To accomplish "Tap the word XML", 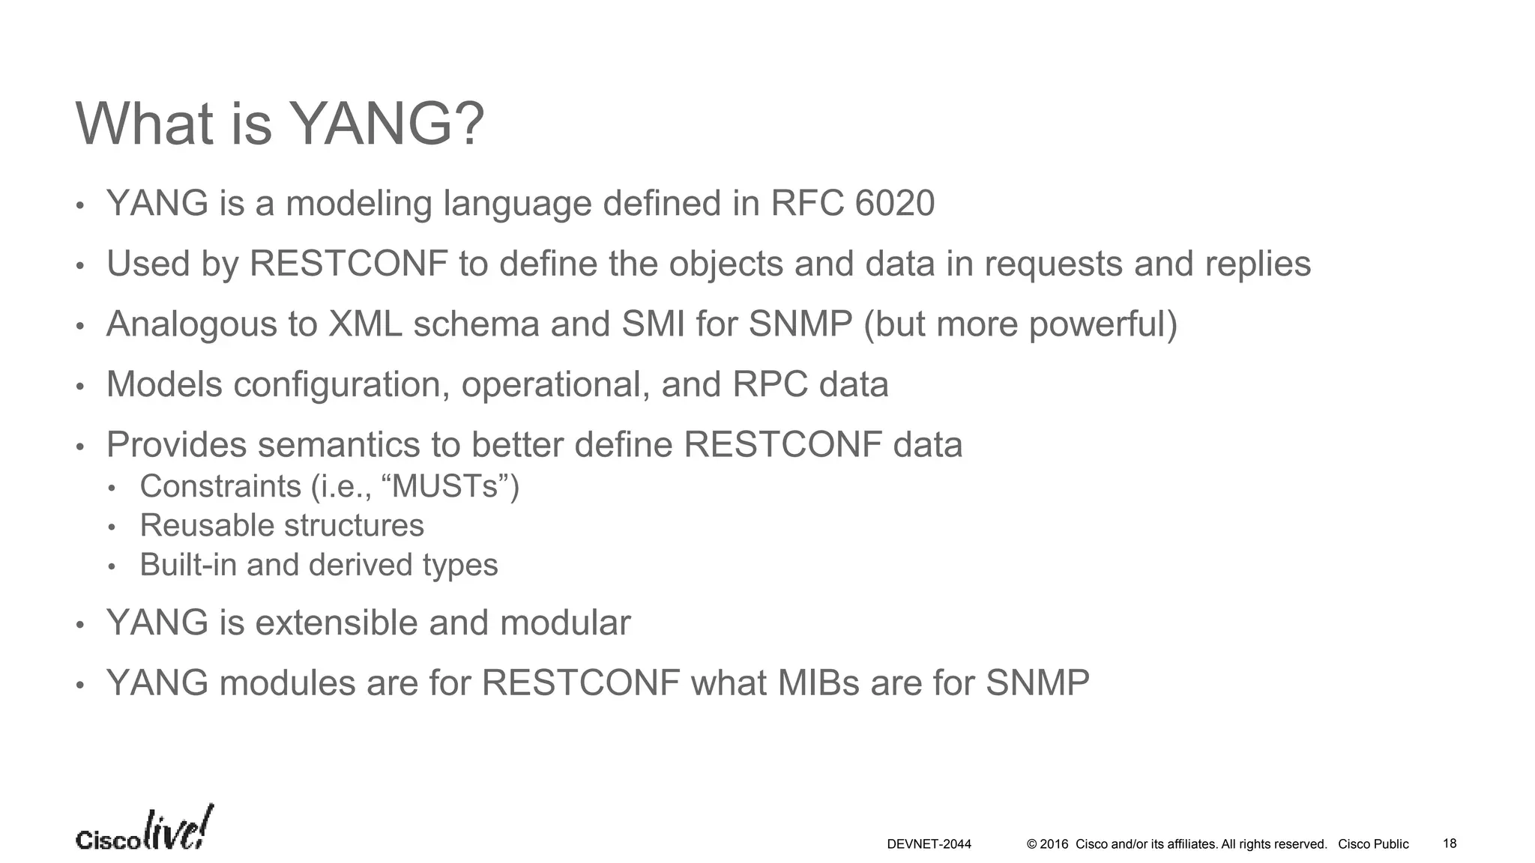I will [x=365, y=324].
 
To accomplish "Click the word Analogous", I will [x=191, y=324].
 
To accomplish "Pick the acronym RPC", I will [x=770, y=385].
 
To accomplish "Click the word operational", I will [x=555, y=385].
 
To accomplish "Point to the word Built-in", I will [x=188, y=565].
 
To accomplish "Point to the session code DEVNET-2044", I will [x=929, y=844].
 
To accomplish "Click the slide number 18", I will [x=1450, y=844].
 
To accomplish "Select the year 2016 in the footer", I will [x=1054, y=844].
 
